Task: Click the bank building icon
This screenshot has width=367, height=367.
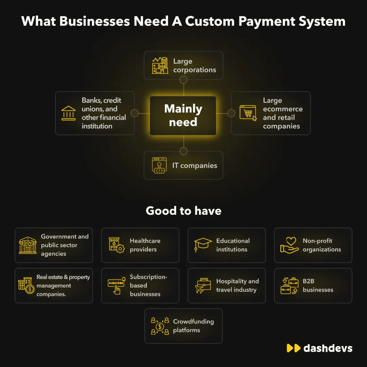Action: pyautogui.click(x=68, y=113)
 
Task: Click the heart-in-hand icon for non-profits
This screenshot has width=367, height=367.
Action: pyautogui.click(x=290, y=245)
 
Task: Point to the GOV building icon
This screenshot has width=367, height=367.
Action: pyautogui.click(x=28, y=245)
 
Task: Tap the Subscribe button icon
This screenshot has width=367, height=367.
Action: pyautogui.click(x=117, y=285)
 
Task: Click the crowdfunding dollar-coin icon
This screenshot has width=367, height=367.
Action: pyautogui.click(x=160, y=326)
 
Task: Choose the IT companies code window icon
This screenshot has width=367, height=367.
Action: pyautogui.click(x=159, y=165)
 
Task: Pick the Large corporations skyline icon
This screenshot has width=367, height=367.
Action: pyautogui.click(x=160, y=66)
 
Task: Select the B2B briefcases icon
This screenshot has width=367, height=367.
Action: pyautogui.click(x=290, y=285)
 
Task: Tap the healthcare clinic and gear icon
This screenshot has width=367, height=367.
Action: pyautogui.click(x=117, y=245)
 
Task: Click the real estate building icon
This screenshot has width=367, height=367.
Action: pyautogui.click(x=26, y=285)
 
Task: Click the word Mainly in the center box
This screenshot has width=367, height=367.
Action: pyautogui.click(x=183, y=109)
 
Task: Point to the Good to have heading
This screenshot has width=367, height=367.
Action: pyautogui.click(x=183, y=211)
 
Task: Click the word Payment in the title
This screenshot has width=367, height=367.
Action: pyautogui.click(x=267, y=22)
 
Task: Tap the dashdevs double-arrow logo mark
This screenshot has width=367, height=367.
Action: pyautogui.click(x=294, y=348)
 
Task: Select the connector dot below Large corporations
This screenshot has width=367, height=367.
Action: pyautogui.click(x=183, y=80)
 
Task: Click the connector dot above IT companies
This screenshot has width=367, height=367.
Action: pyautogui.click(x=183, y=151)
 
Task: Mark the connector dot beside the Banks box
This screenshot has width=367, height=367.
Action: pyautogui.click(x=134, y=113)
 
